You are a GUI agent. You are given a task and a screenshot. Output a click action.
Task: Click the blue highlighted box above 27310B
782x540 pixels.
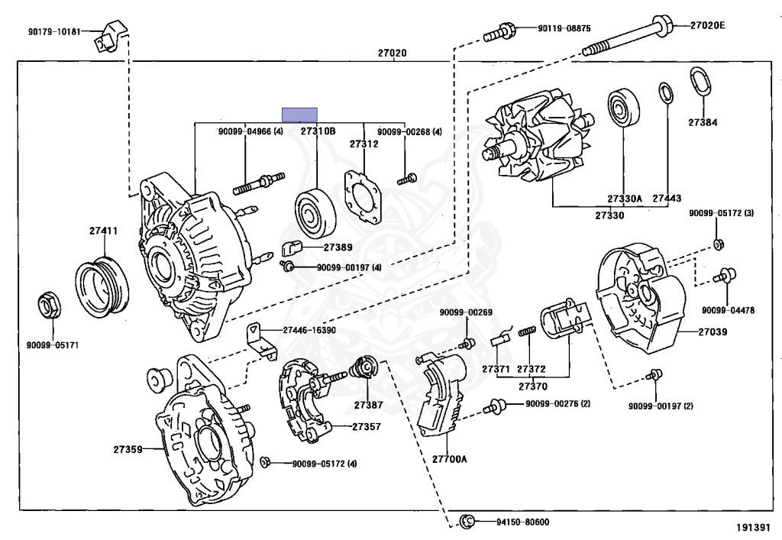(x=299, y=115)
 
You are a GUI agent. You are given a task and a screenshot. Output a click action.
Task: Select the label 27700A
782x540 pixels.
(x=449, y=459)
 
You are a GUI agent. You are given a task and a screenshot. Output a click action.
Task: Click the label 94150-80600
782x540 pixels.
(x=522, y=522)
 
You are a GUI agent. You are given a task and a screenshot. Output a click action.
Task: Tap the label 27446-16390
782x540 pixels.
(x=309, y=331)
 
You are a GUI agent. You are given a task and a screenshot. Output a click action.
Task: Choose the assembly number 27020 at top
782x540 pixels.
(x=392, y=53)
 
